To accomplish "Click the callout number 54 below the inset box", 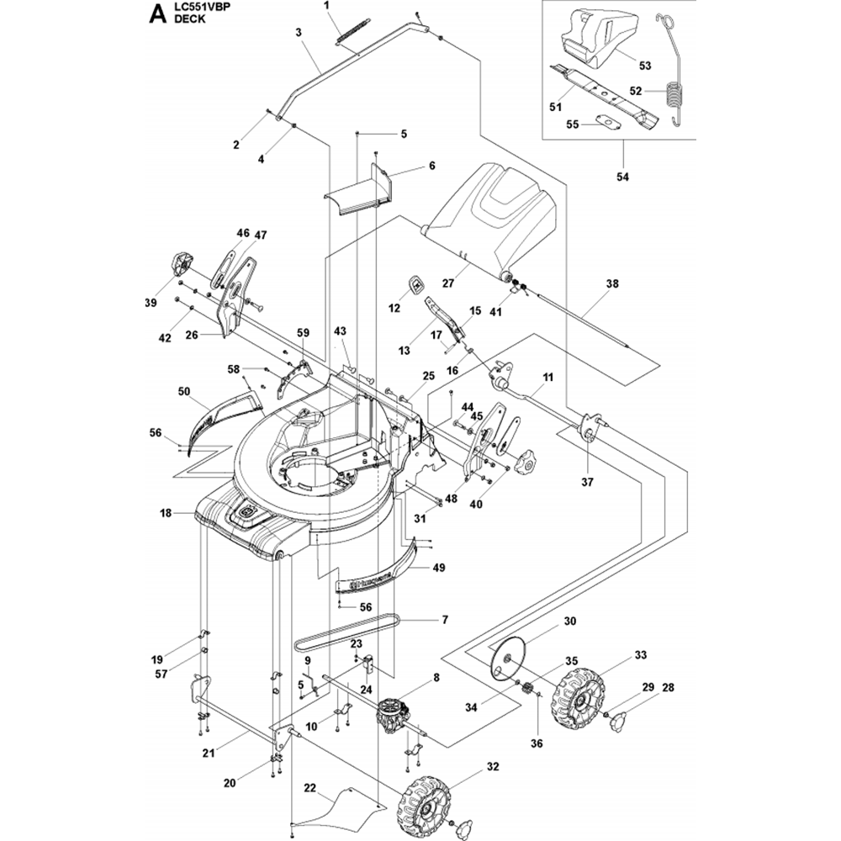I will pyautogui.click(x=623, y=177).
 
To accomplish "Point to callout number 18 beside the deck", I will pyautogui.click(x=166, y=511).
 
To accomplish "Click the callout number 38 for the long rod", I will pyautogui.click(x=611, y=284).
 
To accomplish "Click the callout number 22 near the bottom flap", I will pyautogui.click(x=309, y=788).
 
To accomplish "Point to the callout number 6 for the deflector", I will pyautogui.click(x=431, y=167).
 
